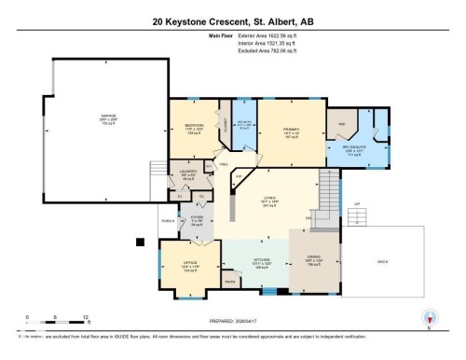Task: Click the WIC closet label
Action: coord(342,124)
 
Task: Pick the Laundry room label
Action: coord(187,173)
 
